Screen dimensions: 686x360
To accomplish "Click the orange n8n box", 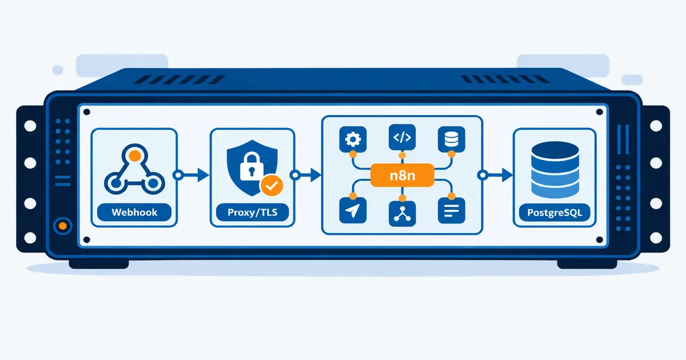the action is (402, 175).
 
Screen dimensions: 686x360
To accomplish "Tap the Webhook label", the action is (134, 212).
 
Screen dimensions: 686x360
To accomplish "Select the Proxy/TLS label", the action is (252, 212).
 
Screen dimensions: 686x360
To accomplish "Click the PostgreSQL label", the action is (555, 213).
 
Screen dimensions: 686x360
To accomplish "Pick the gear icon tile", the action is (353, 139).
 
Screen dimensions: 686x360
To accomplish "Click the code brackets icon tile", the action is (402, 138).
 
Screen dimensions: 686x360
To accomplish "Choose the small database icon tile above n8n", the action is (452, 139).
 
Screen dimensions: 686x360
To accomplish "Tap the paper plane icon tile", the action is (353, 211).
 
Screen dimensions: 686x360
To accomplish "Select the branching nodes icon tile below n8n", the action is (402, 214).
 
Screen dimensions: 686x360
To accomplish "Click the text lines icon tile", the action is (452, 211).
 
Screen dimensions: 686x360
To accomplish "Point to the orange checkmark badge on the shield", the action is (272, 185).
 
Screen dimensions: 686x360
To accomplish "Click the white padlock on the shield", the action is (252, 167).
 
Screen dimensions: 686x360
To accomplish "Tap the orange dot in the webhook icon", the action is (135, 156).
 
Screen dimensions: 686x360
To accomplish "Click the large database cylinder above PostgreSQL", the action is (555, 170).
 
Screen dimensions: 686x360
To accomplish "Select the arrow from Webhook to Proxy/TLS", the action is (191, 175).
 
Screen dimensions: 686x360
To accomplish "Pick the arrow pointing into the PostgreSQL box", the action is (495, 175).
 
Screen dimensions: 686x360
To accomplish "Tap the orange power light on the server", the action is (63, 226).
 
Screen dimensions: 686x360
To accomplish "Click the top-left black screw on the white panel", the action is (87, 112).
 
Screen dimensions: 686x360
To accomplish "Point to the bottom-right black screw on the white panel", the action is (600, 239).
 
